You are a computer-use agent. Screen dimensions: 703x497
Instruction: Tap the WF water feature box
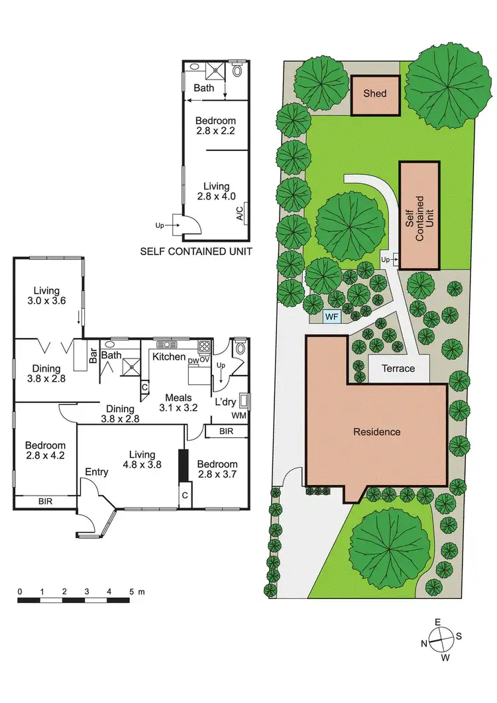331,317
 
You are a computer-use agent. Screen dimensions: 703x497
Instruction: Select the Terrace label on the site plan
399,368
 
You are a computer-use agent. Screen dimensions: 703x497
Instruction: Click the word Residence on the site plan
376,432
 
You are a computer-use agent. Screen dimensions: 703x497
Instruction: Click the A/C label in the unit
239,213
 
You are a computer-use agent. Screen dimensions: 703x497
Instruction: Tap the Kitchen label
169,357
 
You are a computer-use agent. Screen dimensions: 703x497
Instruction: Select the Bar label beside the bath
93,356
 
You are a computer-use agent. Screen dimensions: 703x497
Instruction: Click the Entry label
97,472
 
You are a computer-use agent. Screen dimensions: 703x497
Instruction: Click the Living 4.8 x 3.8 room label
142,459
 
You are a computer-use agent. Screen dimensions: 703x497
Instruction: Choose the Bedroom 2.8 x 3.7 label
217,470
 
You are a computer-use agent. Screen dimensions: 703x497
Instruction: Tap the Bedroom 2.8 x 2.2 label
215,126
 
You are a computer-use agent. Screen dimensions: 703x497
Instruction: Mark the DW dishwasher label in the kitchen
193,360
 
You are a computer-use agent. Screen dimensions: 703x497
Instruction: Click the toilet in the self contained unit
238,69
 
